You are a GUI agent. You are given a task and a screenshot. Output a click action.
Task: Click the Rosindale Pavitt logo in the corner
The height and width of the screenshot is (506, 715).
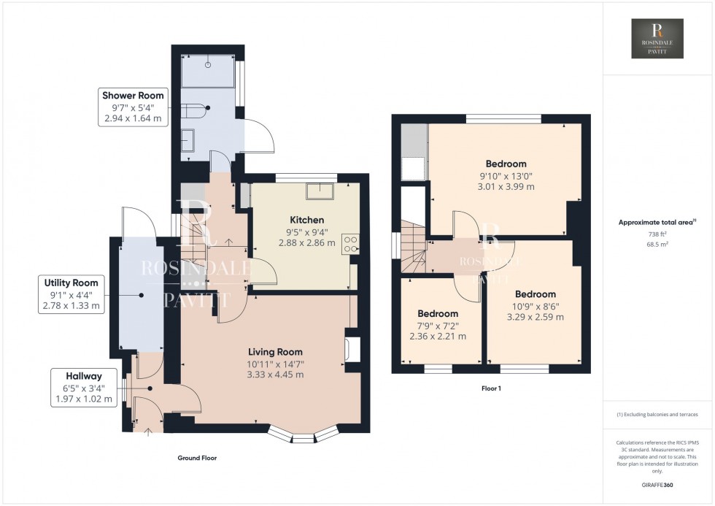pyautogui.click(x=658, y=39)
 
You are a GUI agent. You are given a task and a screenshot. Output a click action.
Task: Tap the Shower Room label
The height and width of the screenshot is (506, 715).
pyautogui.click(x=133, y=96)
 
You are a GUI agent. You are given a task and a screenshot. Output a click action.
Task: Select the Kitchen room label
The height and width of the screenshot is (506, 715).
pyautogui.click(x=306, y=220)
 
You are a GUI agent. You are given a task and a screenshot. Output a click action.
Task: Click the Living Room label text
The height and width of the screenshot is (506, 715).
pyautogui.click(x=274, y=352)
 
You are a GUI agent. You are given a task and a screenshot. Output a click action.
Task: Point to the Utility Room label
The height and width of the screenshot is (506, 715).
pyautogui.click(x=71, y=283)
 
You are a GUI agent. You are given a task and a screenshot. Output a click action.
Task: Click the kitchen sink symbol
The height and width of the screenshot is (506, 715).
pyautogui.click(x=320, y=191)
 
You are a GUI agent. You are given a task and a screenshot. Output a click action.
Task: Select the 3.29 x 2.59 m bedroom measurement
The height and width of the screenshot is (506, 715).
pyautogui.click(x=535, y=318)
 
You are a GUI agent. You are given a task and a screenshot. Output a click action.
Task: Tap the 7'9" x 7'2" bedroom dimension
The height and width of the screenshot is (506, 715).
pyautogui.click(x=437, y=325)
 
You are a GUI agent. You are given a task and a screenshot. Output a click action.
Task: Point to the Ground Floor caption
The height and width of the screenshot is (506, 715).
pyautogui.click(x=197, y=459)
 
